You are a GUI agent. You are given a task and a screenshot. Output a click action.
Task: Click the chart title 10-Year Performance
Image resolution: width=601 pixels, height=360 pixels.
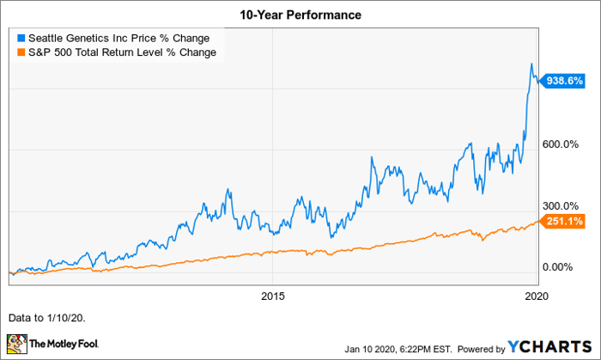point(300,15)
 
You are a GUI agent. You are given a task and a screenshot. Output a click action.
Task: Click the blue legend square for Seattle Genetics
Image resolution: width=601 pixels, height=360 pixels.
point(21,38)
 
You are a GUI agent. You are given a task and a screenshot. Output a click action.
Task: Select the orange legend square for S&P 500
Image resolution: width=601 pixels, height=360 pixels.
point(21,52)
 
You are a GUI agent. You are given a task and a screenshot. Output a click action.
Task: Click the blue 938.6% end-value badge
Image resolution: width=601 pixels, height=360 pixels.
point(563,80)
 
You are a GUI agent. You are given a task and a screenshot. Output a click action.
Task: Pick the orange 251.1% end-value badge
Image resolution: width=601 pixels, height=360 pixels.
point(563,222)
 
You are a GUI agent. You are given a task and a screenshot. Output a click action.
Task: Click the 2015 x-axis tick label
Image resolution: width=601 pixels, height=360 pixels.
point(271,296)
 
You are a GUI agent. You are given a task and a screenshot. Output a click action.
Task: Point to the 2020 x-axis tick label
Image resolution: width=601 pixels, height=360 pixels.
point(536,296)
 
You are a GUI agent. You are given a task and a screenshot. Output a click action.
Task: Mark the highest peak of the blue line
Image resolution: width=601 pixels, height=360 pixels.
point(531,64)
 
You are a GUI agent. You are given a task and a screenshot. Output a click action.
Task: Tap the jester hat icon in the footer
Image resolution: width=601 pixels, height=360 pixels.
point(17,345)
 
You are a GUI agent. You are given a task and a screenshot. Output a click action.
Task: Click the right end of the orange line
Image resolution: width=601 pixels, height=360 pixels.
point(537,221)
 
